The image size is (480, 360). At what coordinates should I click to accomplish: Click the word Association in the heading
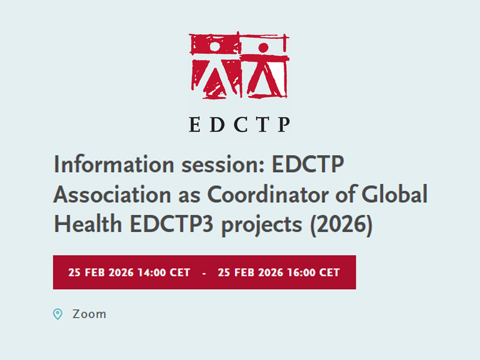(113, 195)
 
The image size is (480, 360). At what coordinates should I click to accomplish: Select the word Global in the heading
(396, 195)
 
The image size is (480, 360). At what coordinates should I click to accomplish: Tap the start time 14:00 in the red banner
(154, 272)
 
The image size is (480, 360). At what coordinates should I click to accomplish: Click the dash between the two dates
(205, 273)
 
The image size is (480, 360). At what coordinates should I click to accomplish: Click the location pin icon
(58, 314)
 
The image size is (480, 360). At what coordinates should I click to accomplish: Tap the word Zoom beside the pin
(89, 314)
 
